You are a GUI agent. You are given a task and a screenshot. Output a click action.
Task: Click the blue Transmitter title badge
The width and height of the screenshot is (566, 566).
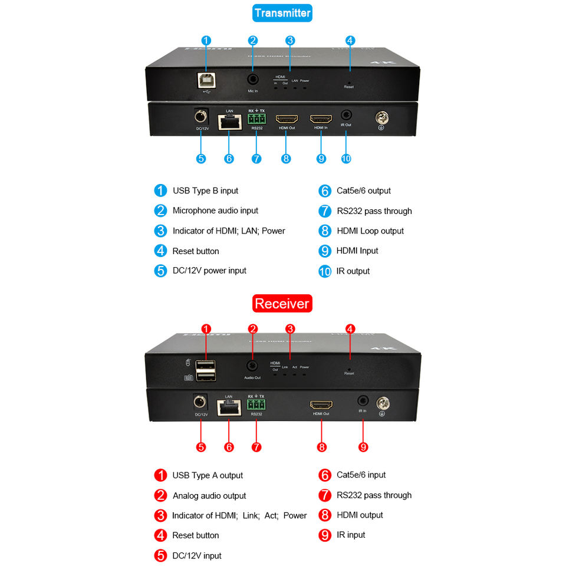282,13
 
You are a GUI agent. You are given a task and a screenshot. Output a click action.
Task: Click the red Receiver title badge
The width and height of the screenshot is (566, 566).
282,304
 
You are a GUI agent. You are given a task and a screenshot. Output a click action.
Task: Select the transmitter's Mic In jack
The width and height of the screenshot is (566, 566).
253,78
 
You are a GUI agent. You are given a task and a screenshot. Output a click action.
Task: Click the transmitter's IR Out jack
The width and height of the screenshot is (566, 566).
346,116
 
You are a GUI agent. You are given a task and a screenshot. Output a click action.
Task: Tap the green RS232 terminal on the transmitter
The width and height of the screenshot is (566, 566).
257,119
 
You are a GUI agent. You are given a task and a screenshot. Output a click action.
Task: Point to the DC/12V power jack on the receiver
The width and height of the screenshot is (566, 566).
201,403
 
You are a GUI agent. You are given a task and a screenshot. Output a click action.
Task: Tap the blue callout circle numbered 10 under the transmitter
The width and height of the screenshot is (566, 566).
345,158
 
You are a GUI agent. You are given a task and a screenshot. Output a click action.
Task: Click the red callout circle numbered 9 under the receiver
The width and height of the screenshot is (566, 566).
363,447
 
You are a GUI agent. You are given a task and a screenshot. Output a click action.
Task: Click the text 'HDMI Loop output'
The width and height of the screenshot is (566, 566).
370,231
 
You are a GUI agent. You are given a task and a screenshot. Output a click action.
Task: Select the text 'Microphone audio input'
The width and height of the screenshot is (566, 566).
215,210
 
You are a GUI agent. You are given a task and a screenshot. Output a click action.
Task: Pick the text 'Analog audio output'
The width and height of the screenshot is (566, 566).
209,496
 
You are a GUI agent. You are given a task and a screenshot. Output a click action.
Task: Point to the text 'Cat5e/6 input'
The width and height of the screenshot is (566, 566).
361,475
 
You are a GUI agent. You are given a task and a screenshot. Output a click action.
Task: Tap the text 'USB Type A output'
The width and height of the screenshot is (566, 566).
208,475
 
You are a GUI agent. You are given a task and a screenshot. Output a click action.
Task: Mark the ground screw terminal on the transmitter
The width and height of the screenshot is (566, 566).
382,117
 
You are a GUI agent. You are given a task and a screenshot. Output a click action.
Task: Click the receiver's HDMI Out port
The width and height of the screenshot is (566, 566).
321,405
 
